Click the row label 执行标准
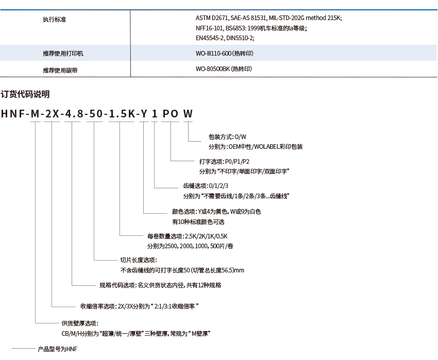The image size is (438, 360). point(54,20)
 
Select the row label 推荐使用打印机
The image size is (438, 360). point(63,54)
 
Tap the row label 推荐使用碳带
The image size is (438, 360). point(60,71)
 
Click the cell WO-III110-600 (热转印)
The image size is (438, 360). point(225,54)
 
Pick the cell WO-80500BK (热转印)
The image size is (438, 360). point(224,68)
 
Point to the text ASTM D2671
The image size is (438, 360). point(212,18)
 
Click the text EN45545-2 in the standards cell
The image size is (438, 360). point(209,38)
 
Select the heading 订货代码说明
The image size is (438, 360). point(25,94)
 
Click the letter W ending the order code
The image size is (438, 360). point(188,114)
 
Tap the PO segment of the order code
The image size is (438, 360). point(171,114)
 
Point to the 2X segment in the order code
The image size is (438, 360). point(52,114)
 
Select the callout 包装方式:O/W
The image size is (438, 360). point(227,137)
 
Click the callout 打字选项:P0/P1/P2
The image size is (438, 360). point(224,161)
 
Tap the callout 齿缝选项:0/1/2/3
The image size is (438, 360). point(206,186)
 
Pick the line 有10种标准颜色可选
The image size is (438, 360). point(198,222)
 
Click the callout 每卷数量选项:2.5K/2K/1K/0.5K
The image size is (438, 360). point(188,236)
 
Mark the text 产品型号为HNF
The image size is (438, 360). point(58,349)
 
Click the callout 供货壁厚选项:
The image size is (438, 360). point(80,323)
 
